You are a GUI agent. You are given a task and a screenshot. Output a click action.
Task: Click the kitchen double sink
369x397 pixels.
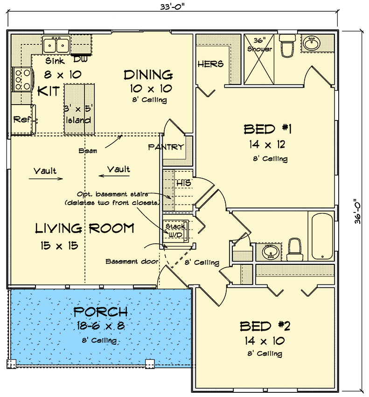(x=56, y=45)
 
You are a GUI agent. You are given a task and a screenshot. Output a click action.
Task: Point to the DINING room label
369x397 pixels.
(x=148, y=75)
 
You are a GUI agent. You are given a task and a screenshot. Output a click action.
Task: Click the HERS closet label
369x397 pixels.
(x=210, y=64)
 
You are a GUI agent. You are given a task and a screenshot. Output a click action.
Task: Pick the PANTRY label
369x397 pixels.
(x=166, y=147)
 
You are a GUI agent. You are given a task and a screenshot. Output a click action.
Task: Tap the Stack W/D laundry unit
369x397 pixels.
(x=176, y=230)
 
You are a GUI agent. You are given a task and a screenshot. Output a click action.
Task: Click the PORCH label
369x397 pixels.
(x=100, y=312)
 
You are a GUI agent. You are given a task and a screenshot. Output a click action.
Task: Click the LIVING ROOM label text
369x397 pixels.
(x=85, y=228)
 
